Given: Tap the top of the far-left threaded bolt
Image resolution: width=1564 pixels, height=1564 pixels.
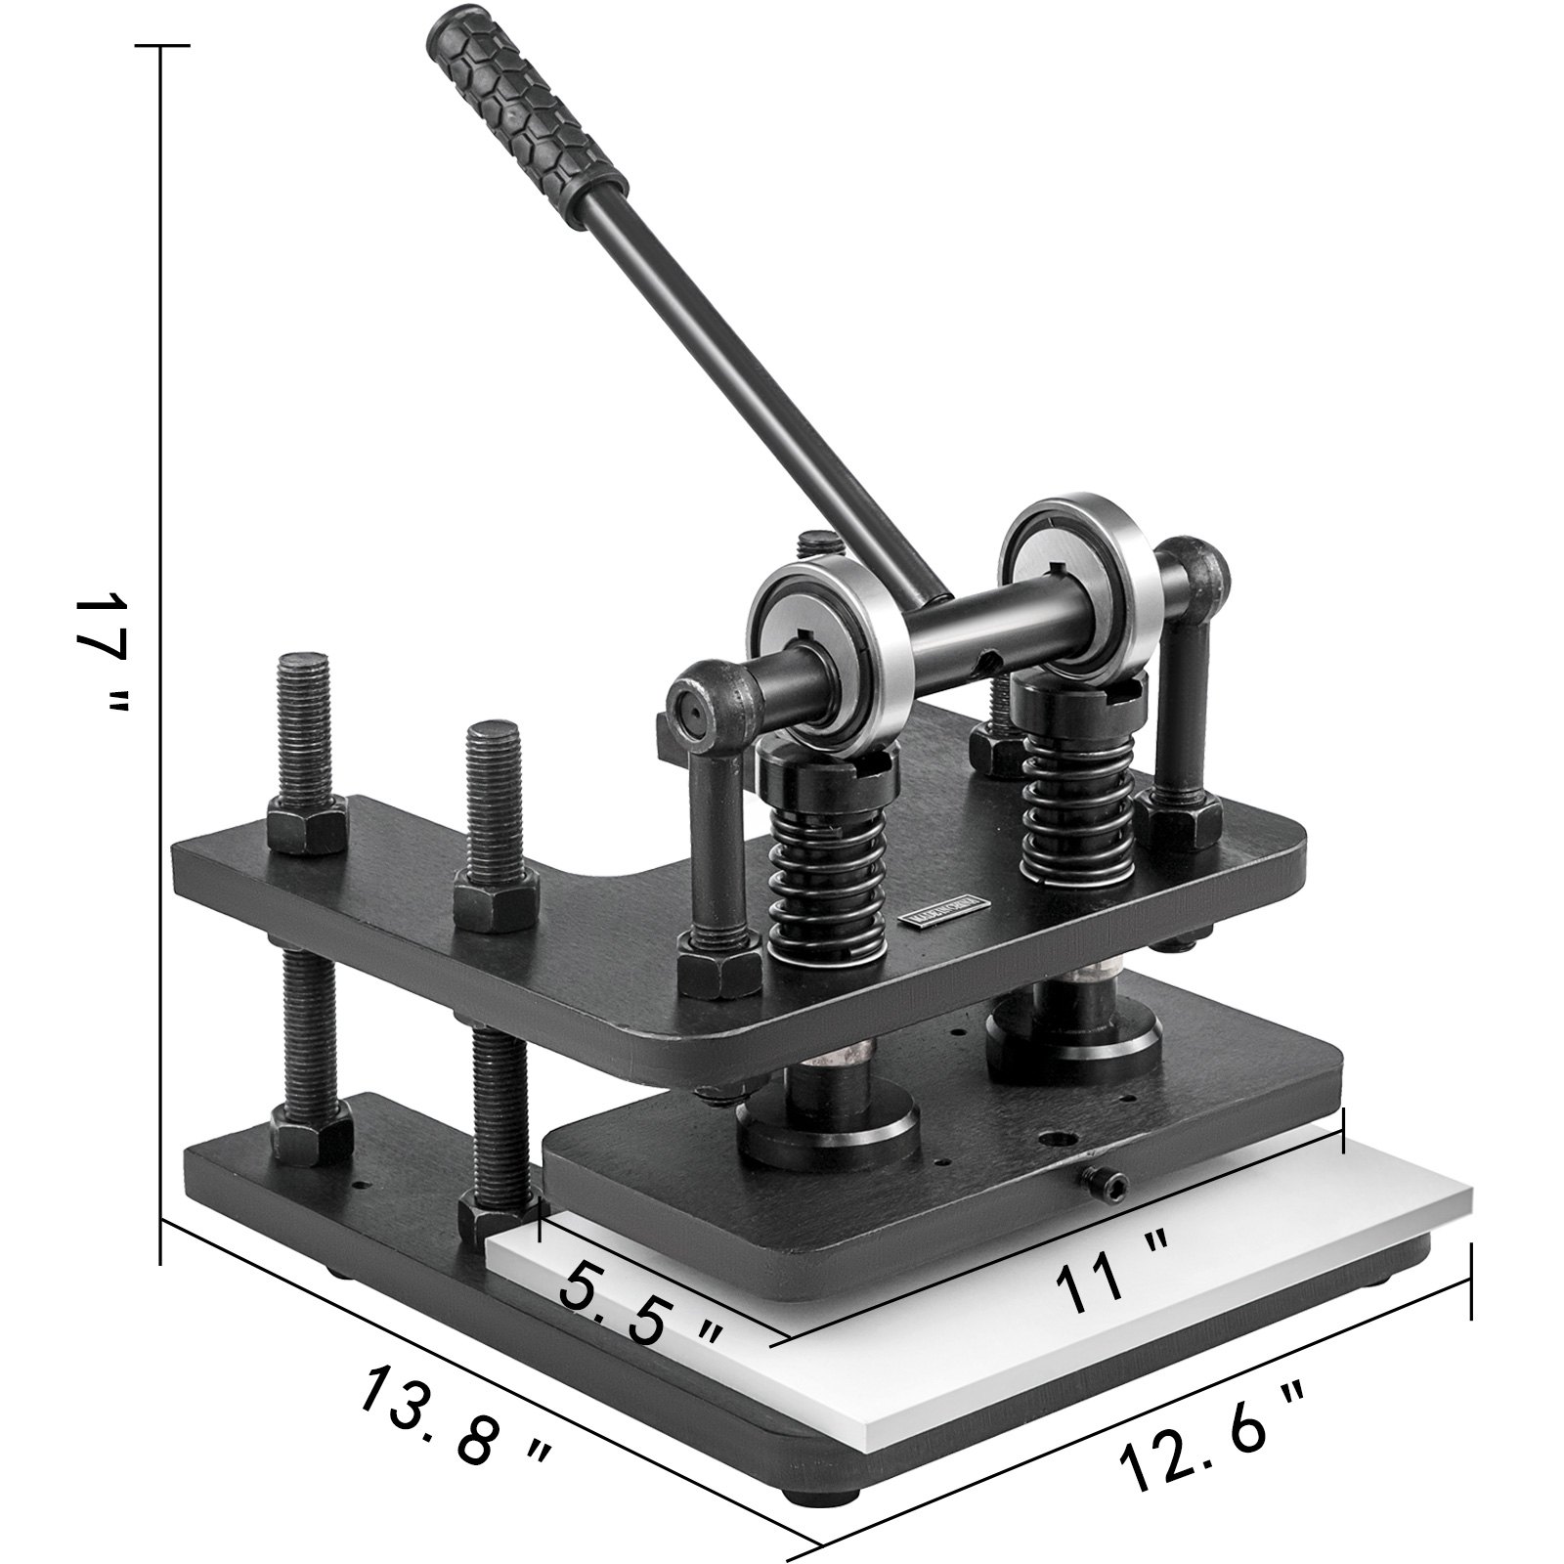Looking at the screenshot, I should coord(304,665).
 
